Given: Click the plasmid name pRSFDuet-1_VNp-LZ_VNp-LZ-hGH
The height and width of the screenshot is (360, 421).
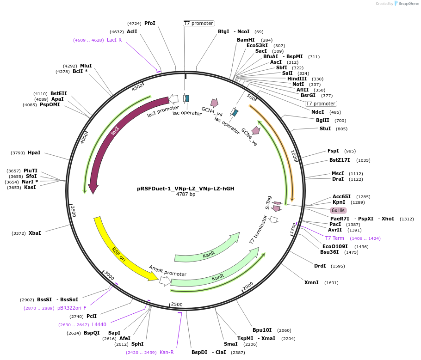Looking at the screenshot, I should (x=186, y=189).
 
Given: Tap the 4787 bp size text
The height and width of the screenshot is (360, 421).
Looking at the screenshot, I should (x=186, y=195).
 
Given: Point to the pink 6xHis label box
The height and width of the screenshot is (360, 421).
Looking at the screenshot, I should (x=338, y=210).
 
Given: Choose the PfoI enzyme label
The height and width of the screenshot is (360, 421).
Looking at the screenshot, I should (x=150, y=23).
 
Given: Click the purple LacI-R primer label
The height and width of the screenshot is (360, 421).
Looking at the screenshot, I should (x=114, y=40).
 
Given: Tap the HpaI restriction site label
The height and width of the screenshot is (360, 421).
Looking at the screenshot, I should (x=34, y=153).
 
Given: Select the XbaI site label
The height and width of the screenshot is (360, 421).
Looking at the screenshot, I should (x=35, y=233).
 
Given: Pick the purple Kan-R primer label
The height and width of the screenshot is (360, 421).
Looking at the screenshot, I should (x=167, y=352).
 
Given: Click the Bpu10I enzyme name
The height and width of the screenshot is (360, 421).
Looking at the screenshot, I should (x=262, y=330).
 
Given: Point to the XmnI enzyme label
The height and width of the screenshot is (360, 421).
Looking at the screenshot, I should (x=311, y=282).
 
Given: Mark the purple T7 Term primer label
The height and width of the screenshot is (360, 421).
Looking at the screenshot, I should (x=334, y=238).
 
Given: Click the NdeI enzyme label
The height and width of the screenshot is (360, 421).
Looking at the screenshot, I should (x=318, y=112).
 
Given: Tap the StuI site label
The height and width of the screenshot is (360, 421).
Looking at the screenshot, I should (x=325, y=128).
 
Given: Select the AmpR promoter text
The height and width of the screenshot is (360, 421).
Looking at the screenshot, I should (x=167, y=271).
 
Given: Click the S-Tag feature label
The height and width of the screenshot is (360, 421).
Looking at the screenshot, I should (x=268, y=202).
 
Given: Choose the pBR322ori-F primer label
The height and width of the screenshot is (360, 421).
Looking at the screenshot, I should (x=72, y=308).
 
